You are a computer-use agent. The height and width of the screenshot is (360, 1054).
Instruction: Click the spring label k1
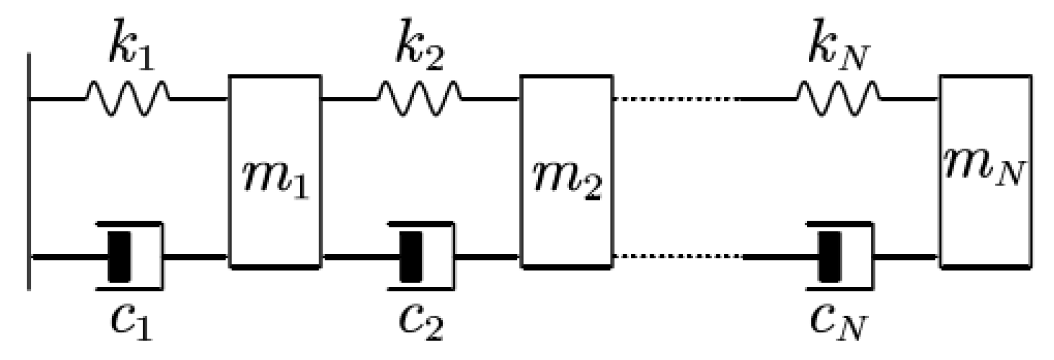coord(131,50)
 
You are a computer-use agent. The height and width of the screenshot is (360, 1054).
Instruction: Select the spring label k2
coord(420,50)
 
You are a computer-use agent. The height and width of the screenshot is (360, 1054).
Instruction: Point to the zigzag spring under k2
coord(419,100)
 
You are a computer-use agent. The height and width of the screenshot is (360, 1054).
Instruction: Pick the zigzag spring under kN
coord(838,100)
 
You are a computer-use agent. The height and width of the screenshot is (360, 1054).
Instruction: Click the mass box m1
coord(275,129)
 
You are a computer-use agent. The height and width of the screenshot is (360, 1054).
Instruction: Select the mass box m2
coord(567,129)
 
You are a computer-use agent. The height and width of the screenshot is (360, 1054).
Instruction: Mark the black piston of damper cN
coord(830,257)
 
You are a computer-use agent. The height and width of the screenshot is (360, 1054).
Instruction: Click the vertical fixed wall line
coord(29,171)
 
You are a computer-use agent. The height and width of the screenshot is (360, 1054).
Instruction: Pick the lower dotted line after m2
coord(676,257)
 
